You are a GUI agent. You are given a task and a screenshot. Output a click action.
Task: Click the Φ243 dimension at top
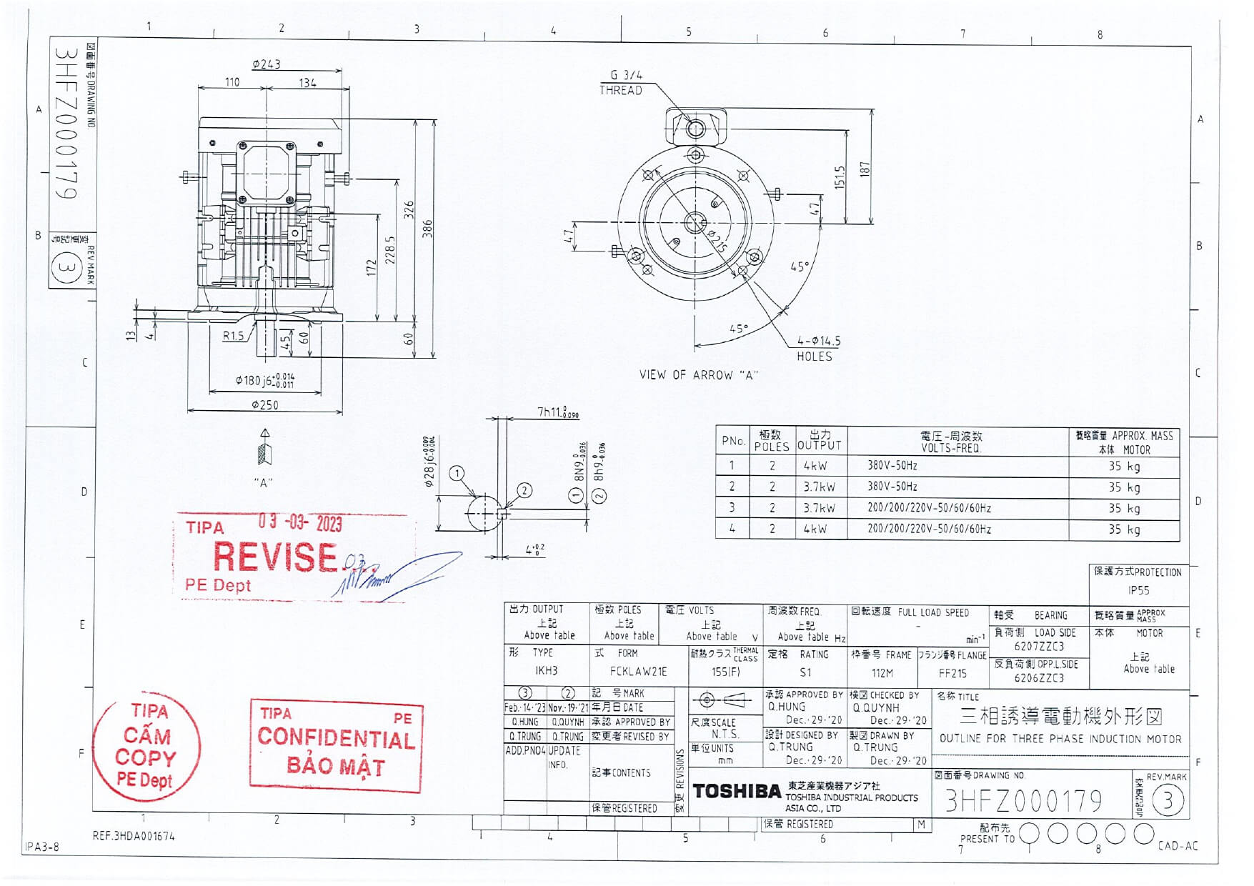pyautogui.click(x=266, y=64)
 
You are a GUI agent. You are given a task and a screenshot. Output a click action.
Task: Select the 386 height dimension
pyautogui.click(x=427, y=229)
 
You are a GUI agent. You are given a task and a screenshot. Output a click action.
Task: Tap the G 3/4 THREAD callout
pyautogui.click(x=622, y=82)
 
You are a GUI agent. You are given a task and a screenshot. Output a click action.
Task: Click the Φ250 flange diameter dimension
pyautogui.click(x=265, y=405)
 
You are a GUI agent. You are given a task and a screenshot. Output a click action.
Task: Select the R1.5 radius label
pyautogui.click(x=233, y=336)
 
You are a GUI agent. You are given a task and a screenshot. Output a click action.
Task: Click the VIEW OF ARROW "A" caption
pyautogui.click(x=698, y=375)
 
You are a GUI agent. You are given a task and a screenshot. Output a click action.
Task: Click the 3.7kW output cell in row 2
pyautogui.click(x=819, y=487)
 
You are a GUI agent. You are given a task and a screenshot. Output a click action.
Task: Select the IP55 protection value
pyautogui.click(x=1138, y=591)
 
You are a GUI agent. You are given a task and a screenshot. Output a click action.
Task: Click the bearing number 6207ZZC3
pyautogui.click(x=1039, y=647)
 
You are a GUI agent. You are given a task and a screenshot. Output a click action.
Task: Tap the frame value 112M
pyautogui.click(x=882, y=673)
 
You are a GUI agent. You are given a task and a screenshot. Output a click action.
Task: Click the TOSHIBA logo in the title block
pyautogui.click(x=736, y=792)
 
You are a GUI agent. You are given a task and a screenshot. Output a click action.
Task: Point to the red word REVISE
pyautogui.click(x=275, y=557)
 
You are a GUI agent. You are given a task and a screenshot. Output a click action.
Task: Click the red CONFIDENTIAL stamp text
pyautogui.click(x=336, y=738)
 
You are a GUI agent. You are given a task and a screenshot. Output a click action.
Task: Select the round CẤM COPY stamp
pyautogui.click(x=146, y=747)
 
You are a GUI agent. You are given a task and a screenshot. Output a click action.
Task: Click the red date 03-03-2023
pyautogui.click(x=300, y=523)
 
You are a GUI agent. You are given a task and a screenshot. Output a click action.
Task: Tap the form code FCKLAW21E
pyautogui.click(x=638, y=672)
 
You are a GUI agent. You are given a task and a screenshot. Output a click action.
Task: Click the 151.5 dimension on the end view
pyautogui.click(x=840, y=177)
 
